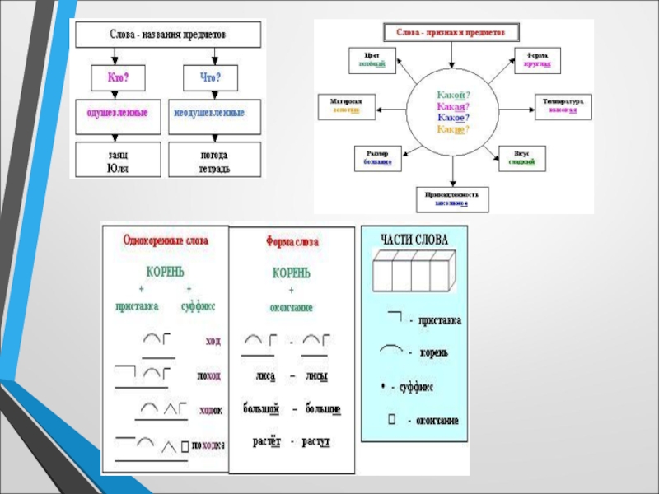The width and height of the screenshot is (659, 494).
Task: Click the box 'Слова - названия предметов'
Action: pos(168,35)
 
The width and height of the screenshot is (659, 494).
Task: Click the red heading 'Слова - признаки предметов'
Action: pos(452,33)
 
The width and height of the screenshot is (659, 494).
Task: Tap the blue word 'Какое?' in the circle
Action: pos(453,118)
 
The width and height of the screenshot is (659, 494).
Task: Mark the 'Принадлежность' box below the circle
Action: pos(451,198)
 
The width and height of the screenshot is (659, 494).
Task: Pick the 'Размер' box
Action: pos(376,158)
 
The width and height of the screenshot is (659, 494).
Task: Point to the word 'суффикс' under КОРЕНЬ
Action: pos(197,305)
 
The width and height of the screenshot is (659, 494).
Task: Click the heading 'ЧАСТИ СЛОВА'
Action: pos(414,240)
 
